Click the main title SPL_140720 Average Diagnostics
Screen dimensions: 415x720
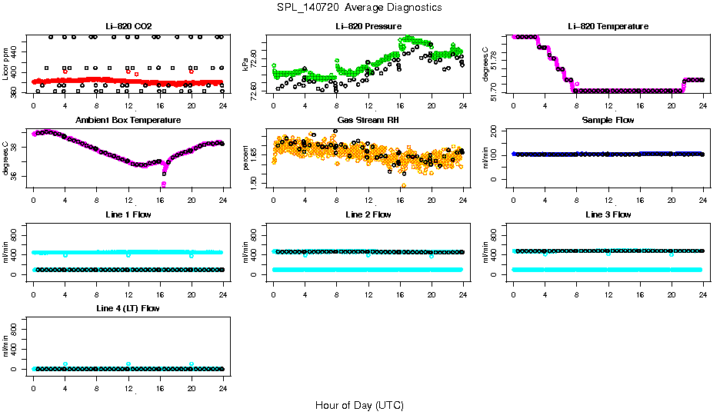click(x=360, y=7)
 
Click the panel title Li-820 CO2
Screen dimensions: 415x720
click(x=128, y=26)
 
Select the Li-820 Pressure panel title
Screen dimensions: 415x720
click(x=368, y=26)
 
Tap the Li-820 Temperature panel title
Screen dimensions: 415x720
click(x=608, y=26)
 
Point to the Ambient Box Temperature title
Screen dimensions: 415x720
click(x=128, y=120)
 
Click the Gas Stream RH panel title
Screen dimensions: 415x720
click(x=368, y=120)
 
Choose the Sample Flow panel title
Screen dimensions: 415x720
click(x=608, y=120)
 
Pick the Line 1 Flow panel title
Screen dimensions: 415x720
click(x=128, y=214)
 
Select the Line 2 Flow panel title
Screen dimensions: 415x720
click(x=368, y=214)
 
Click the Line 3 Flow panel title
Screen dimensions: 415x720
click(x=608, y=214)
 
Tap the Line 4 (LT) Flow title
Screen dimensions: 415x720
click(x=128, y=308)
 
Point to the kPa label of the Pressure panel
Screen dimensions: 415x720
click(x=246, y=65)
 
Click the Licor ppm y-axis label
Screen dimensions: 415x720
click(x=6, y=65)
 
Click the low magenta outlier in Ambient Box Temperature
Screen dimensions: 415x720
click(x=164, y=184)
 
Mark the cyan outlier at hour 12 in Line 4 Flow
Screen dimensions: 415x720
click(x=128, y=364)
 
